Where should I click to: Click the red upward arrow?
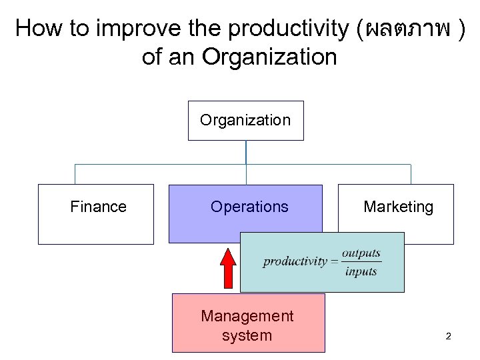pos(229,270)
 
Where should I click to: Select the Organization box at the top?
pos(245,121)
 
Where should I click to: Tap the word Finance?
pos(98,207)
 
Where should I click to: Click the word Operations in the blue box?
pos(249,207)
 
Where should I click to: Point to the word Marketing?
pos(398,207)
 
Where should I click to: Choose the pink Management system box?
pos(248,323)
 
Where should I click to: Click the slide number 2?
pos(448,336)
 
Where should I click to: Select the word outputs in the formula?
pos(361,253)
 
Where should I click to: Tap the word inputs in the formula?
pos(361,271)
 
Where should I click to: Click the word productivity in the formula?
pos(295,261)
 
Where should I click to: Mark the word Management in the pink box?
pos(247,315)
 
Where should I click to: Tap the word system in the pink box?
pos(247,335)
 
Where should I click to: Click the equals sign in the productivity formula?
pos(333,262)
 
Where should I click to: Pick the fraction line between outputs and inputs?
pos(361,263)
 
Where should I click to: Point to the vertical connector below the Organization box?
pos(246,152)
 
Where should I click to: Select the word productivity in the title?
pos(285,29)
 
